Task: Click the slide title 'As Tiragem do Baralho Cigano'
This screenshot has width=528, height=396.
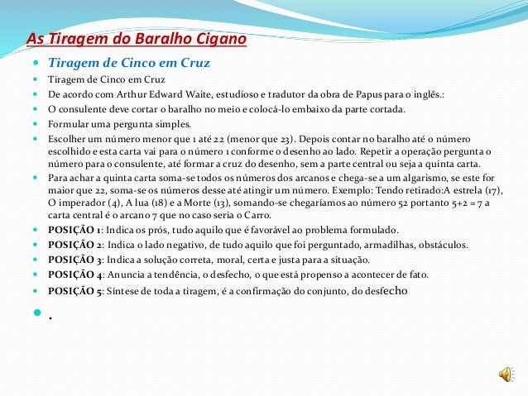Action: pyautogui.click(x=137, y=40)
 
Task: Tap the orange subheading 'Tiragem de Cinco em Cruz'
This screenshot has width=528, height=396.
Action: pyautogui.click(x=129, y=62)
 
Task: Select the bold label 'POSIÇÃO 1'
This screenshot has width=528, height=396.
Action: pyautogui.click(x=75, y=229)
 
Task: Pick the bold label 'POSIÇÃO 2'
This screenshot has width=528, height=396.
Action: pyautogui.click(x=75, y=244)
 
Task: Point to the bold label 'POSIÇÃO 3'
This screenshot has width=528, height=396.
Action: pyautogui.click(x=75, y=260)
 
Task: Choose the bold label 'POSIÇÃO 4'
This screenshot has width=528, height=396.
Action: pyautogui.click(x=75, y=274)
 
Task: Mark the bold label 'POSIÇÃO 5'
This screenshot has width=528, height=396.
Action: pyautogui.click(x=75, y=290)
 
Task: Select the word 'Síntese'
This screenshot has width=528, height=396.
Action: pyautogui.click(x=124, y=290)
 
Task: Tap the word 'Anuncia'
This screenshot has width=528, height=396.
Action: pyautogui.click(x=127, y=274)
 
